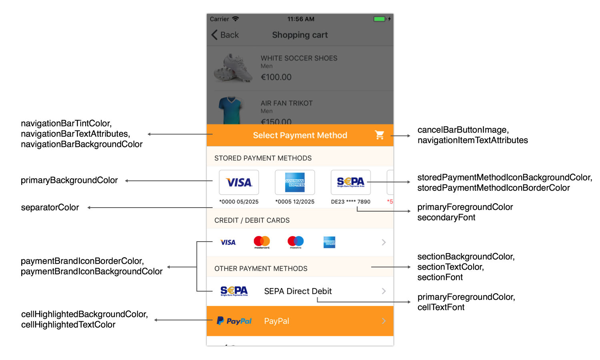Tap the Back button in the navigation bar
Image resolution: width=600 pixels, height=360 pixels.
pos(225,35)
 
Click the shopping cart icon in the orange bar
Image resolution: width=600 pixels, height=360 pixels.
pos(379,135)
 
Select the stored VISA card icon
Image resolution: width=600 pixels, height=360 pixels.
pos(239,182)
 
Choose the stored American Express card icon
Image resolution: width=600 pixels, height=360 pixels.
pos(295,182)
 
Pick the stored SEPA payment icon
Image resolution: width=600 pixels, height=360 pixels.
pos(350,182)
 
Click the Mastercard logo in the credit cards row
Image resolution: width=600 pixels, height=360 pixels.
pos(262,242)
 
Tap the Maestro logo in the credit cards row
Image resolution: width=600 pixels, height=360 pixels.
pos(296,242)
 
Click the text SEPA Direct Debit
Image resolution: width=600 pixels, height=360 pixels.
pos(298,291)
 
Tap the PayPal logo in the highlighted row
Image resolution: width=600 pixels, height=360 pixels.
pos(234,321)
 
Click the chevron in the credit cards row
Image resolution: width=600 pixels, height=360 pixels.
pos(384,242)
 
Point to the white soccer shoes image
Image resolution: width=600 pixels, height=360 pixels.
pos(233,68)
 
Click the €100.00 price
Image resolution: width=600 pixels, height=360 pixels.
pos(276,77)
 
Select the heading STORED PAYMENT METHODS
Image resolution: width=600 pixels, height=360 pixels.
pos(263,158)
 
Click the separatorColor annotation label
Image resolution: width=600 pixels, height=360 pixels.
pos(50,208)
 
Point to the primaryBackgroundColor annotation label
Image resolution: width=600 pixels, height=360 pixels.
pos(69,180)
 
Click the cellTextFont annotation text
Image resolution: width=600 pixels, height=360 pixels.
pos(441,307)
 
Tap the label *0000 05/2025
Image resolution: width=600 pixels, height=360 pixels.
pos(239,202)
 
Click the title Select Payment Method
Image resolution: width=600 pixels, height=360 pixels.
pos(300,135)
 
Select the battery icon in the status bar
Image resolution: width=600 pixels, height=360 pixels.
pos(379,19)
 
